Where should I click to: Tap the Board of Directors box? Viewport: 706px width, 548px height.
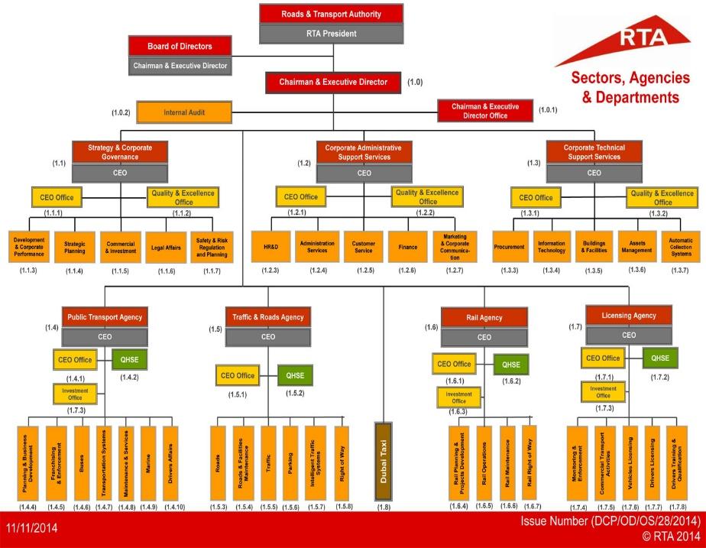[180, 47]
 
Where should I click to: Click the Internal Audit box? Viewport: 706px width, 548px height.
[184, 112]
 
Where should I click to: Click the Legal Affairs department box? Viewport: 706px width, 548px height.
[166, 246]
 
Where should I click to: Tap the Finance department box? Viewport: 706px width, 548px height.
[407, 247]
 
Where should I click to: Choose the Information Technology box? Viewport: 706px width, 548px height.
[551, 247]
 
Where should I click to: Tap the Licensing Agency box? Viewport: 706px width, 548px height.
[629, 315]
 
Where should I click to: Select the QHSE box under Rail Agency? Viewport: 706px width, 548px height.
[510, 365]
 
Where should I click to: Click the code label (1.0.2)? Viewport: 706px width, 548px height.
[121, 113]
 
